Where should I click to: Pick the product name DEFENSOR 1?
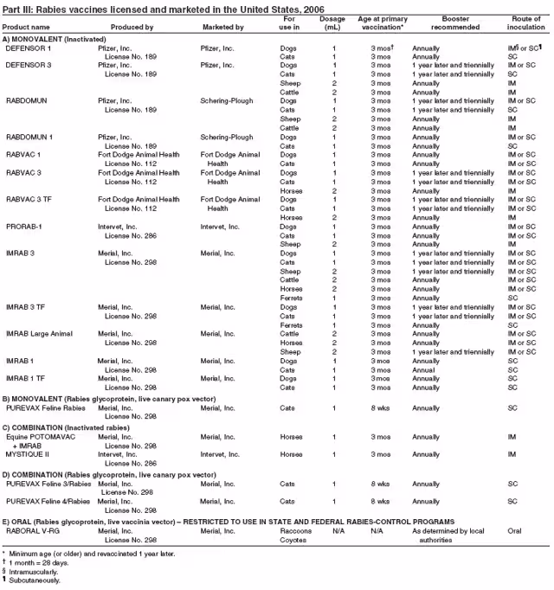click(29, 48)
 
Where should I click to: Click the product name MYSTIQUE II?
click(29, 453)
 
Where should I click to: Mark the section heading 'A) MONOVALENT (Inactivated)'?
click(54, 40)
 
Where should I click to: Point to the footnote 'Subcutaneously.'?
click(35, 580)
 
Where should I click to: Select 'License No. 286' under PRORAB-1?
click(131, 235)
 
